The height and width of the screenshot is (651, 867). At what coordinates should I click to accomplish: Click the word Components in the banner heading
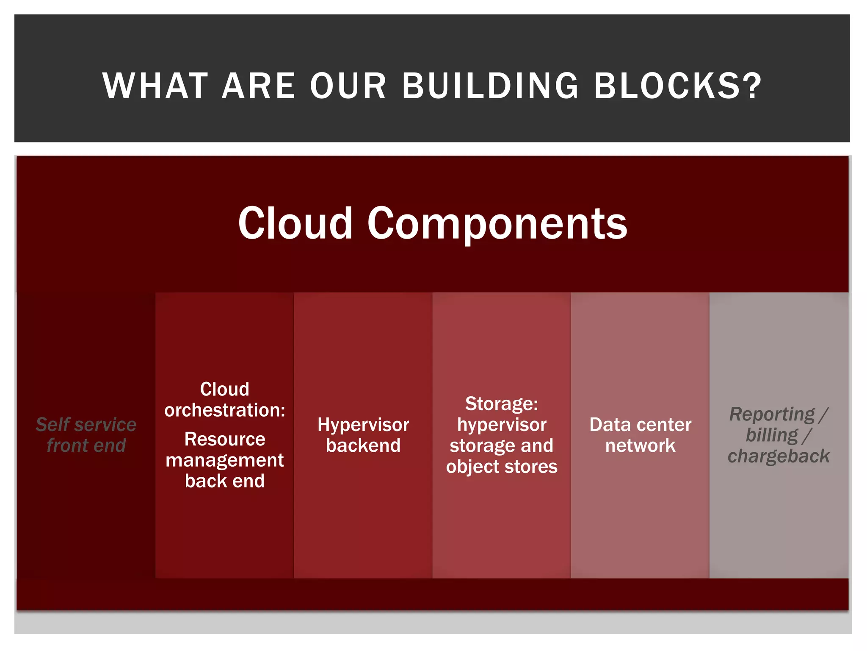[x=497, y=224]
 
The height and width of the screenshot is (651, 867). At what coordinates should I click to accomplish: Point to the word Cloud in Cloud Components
[x=295, y=223]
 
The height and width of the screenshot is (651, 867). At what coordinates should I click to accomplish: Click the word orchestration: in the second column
[x=225, y=410]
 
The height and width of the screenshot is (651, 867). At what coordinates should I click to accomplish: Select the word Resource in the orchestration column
[x=225, y=439]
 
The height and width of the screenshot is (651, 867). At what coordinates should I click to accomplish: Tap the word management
[x=225, y=460]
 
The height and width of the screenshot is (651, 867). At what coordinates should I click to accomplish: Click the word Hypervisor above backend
[x=363, y=425]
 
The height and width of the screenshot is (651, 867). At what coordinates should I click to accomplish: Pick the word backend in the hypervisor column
[x=363, y=445]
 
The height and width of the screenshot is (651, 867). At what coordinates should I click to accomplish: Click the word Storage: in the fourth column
[x=502, y=403]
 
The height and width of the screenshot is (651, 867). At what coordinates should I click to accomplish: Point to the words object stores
[x=502, y=467]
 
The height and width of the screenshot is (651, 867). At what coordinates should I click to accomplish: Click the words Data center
[x=640, y=425]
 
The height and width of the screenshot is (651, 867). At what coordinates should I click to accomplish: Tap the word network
[x=640, y=445]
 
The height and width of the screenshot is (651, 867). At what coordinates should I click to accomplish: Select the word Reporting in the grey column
[x=772, y=415]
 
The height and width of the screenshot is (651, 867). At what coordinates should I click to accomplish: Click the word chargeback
[x=779, y=456]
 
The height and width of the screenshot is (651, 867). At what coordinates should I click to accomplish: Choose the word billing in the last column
[x=772, y=435]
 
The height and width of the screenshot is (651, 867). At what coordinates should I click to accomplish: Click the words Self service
[x=86, y=425]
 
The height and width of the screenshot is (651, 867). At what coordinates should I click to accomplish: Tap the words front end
[x=86, y=445]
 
